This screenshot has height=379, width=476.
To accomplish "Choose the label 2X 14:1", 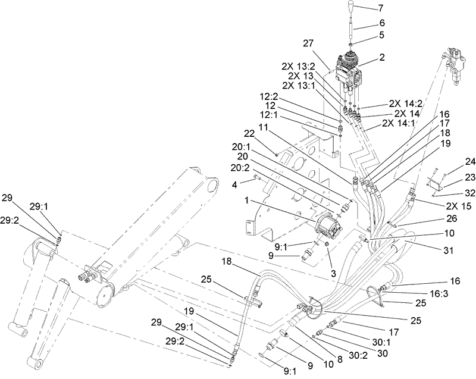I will [397, 124].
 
